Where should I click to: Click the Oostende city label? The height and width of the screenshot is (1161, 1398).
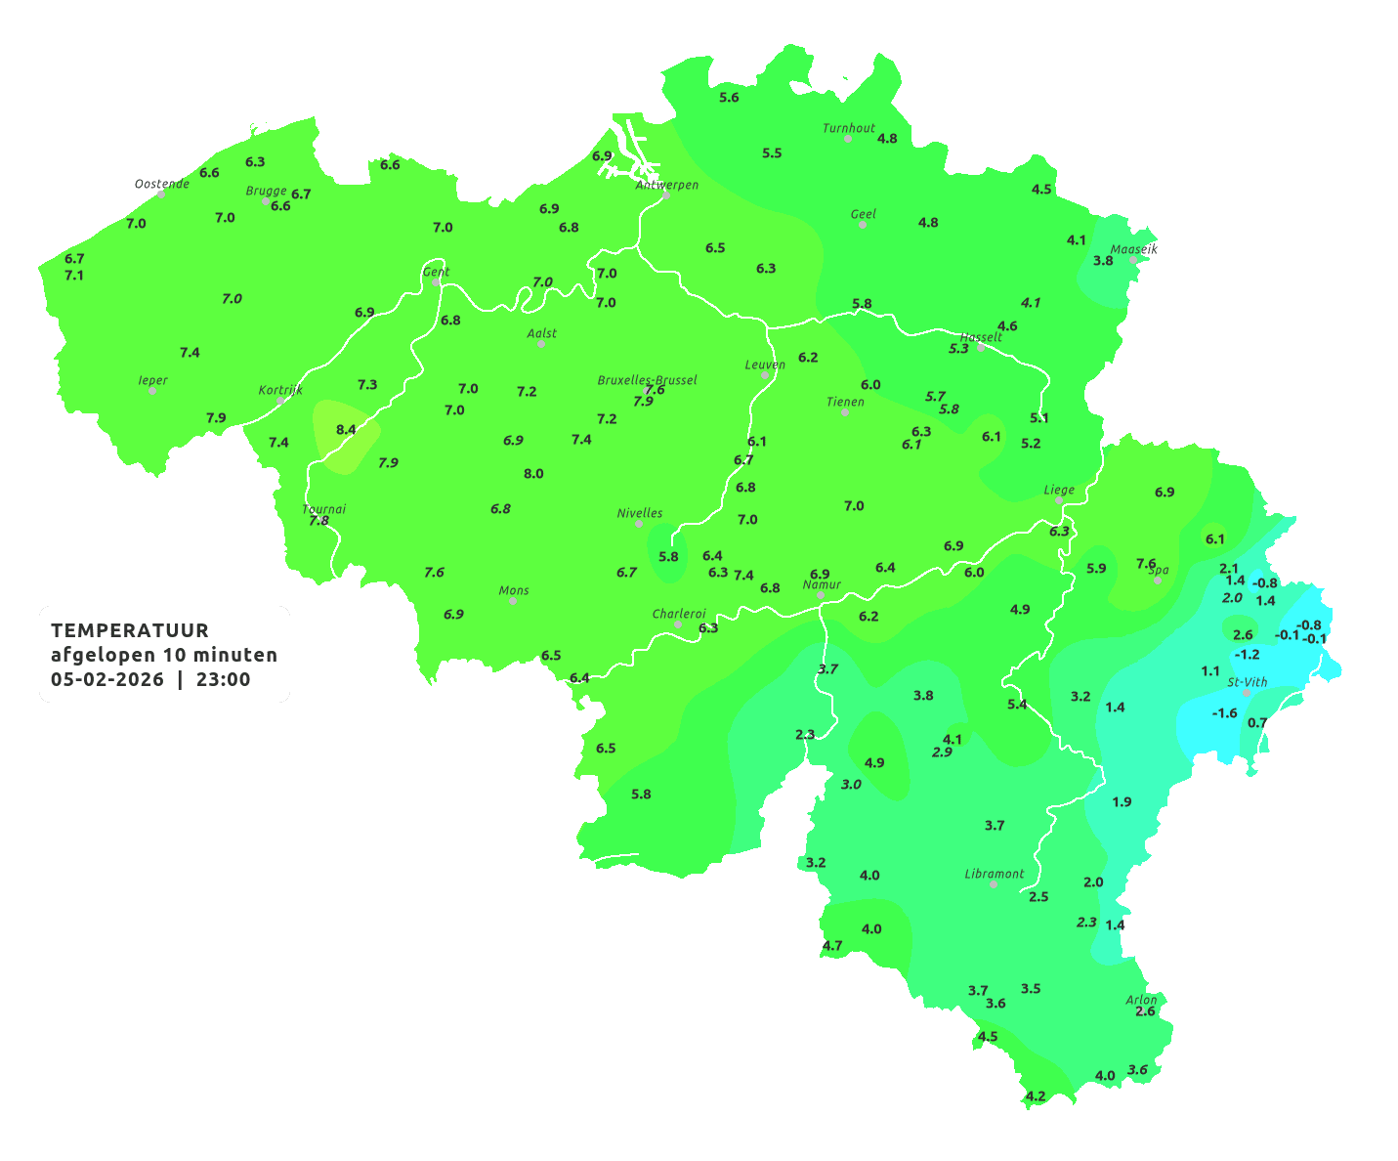coord(161,184)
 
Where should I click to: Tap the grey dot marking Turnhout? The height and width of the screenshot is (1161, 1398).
coord(848,139)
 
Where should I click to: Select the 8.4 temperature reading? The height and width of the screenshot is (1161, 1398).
coord(346,430)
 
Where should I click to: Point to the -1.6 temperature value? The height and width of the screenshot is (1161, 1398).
coord(1224,713)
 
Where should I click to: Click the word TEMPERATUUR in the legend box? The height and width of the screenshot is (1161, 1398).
coord(130,630)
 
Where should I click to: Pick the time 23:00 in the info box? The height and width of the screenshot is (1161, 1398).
coord(223,679)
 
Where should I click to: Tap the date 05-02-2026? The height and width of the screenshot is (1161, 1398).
coord(107,679)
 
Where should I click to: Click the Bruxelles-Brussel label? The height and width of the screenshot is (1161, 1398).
coord(647,379)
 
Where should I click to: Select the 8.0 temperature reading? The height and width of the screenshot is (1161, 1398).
coord(533,474)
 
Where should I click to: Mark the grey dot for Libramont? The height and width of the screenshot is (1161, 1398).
coord(994,883)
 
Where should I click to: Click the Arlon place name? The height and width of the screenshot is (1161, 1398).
coord(1141,1000)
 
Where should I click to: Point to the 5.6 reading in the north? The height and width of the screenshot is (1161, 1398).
coord(729,98)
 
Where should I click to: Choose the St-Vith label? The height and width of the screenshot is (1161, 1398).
coord(1248,682)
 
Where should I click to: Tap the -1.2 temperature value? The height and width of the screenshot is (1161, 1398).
coord(1248,655)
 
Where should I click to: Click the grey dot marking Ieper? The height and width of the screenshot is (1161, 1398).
coord(152,391)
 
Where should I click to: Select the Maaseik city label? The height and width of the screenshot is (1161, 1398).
coord(1133,249)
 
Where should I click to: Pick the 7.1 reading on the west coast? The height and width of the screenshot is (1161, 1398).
coord(74,276)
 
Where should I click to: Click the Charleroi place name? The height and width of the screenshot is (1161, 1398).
coord(679,614)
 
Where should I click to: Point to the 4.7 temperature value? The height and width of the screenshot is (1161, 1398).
coord(832,946)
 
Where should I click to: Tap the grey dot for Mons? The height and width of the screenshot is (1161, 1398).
coord(513,601)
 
